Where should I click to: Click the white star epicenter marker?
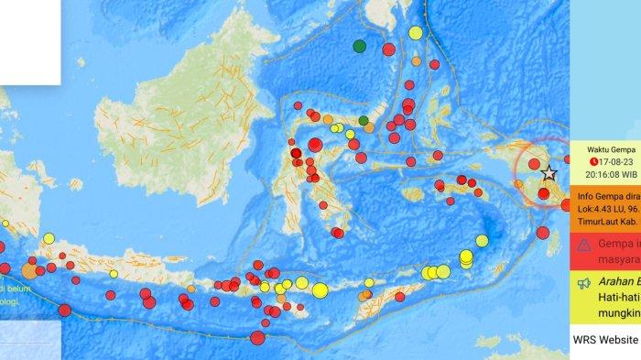point(549,173)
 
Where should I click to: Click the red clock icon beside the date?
point(581,158)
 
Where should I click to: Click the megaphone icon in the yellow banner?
point(582,283)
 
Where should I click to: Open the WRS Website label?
point(604,339)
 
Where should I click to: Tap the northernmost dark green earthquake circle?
point(360,46)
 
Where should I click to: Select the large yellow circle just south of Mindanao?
point(416,34)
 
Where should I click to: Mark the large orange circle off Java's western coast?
point(30,270)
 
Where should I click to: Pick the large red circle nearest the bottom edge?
point(257,338)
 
